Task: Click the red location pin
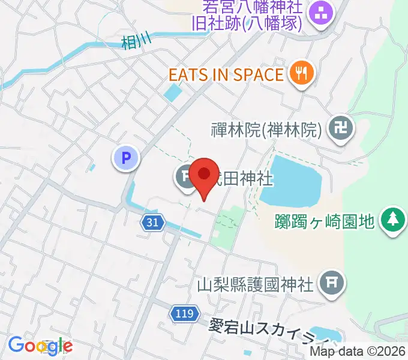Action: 205,175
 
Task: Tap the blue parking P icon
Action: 126,158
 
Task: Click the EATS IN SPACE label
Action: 226,75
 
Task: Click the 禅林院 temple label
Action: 268,128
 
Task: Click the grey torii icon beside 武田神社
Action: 186,176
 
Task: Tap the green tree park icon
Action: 393,219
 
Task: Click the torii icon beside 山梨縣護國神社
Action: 331,280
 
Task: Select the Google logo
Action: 40,346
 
